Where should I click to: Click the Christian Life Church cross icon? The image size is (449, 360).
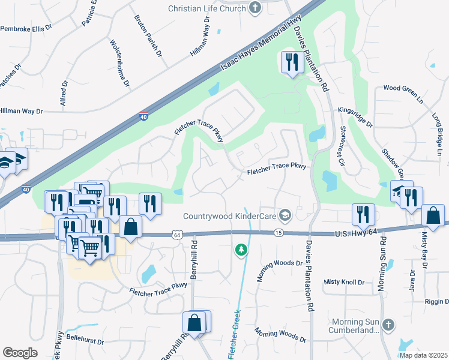[x=255, y=8]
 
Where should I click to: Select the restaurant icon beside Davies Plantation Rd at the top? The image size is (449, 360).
[x=291, y=62]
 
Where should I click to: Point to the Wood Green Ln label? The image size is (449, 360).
[x=403, y=88]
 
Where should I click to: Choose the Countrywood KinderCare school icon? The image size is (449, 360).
[x=286, y=215]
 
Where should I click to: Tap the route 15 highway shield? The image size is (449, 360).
[x=278, y=232]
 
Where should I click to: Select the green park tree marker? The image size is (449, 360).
[x=241, y=249]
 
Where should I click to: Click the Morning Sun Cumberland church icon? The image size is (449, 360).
[x=388, y=325]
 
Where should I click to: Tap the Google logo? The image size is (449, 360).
[x=20, y=352]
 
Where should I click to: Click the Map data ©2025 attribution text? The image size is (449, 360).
[x=423, y=355]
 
